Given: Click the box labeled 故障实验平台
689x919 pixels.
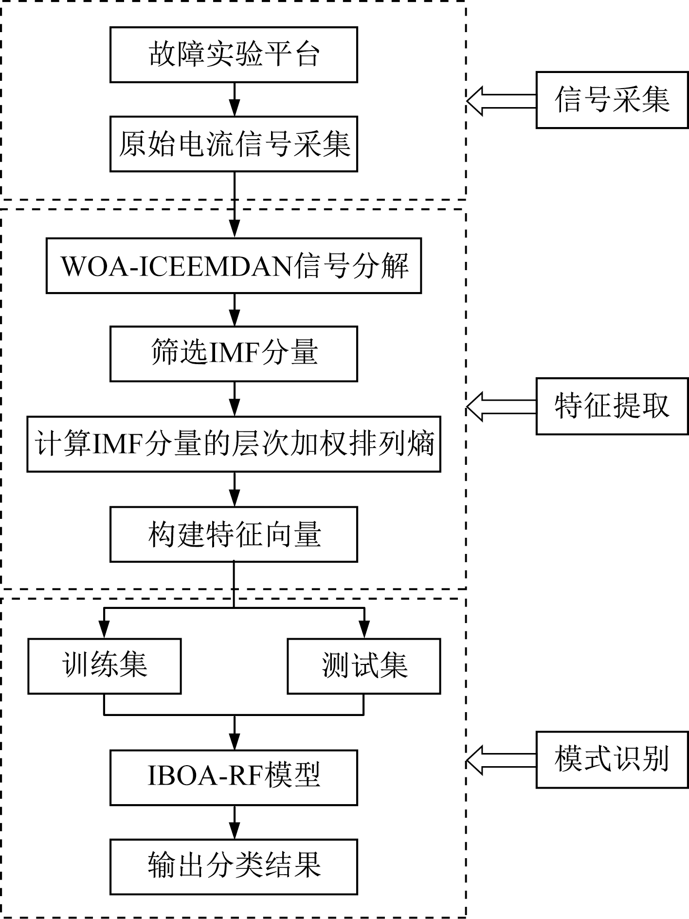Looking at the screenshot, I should pos(234,55).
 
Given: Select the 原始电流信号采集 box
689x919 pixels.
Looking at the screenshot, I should pos(234,144).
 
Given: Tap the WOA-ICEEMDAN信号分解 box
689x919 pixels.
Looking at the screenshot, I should pos(234,266).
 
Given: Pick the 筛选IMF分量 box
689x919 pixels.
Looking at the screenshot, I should pos(234,353).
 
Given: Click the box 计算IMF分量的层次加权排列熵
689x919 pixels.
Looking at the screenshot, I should pos(234,444).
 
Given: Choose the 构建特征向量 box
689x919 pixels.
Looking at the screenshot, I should pos(234,534).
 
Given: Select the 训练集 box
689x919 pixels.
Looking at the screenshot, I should pos(105,666).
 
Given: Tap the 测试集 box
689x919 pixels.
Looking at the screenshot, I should pos(364,666).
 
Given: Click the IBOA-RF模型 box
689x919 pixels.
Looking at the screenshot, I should pos(234,777).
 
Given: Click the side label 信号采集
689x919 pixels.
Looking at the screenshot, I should pos(612,100).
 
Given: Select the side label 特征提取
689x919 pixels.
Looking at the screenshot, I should pos(612,406).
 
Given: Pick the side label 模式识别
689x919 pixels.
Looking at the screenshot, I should pos(612,759).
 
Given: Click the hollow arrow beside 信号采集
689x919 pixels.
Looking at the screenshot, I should pos(500,101).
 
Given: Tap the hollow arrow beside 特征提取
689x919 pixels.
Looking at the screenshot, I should pos(500,406).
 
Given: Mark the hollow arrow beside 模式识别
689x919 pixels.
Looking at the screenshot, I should pos(500,760).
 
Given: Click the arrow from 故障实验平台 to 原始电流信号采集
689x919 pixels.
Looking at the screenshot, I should pos(235,99).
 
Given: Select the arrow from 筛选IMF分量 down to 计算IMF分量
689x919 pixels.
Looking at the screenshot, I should pos(235,399).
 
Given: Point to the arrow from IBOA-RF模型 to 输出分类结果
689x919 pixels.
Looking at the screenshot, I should pos(235,822).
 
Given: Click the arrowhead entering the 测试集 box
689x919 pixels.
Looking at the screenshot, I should pos(364,631).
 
